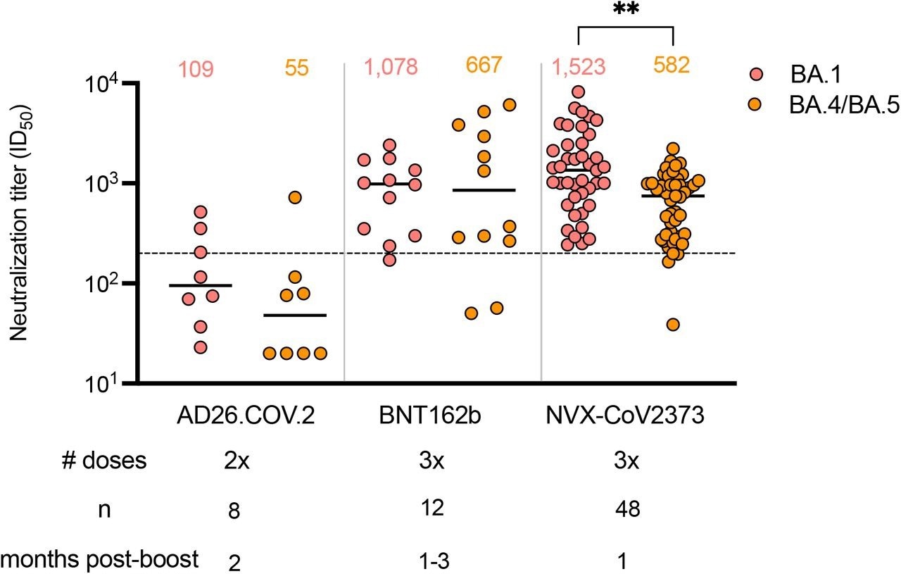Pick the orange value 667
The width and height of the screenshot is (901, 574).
[485, 66]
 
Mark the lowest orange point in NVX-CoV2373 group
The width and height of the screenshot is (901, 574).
[673, 325]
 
